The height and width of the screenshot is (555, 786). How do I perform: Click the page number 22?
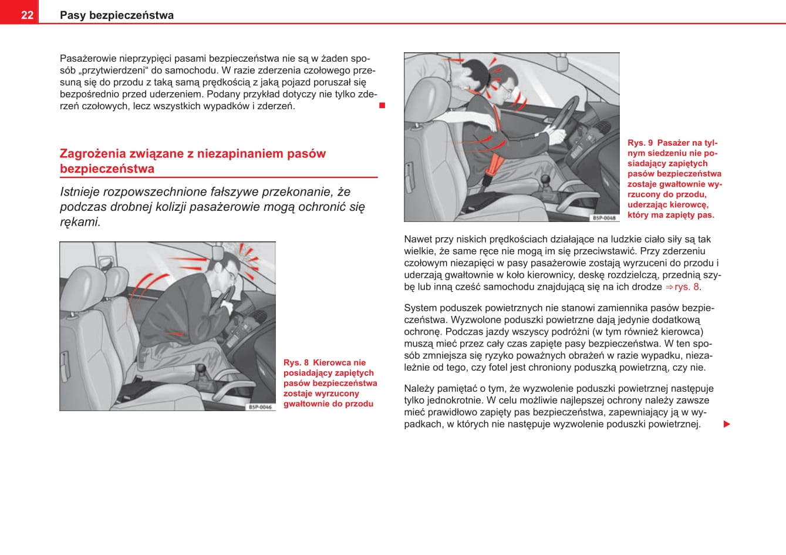pyautogui.click(x=27, y=15)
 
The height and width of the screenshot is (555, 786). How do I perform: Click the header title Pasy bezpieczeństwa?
pyautogui.click(x=117, y=15)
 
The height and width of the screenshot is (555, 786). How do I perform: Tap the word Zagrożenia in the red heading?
pyautogui.click(x=93, y=154)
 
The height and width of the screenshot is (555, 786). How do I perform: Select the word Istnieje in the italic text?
pyautogui.click(x=80, y=192)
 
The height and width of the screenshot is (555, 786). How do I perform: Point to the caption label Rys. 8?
pyautogui.click(x=296, y=363)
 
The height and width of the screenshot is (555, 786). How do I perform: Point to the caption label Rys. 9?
pyautogui.click(x=640, y=143)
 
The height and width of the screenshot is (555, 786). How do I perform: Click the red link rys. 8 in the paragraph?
pyautogui.click(x=687, y=287)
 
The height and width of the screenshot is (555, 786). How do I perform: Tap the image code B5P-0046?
pyautogui.click(x=260, y=406)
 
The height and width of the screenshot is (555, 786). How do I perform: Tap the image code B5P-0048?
pyautogui.click(x=604, y=218)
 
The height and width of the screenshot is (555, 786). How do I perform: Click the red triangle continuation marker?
pyautogui.click(x=727, y=424)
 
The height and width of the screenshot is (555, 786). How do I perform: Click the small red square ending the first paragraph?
pyautogui.click(x=382, y=106)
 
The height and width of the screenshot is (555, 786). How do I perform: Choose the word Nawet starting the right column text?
pyautogui.click(x=418, y=239)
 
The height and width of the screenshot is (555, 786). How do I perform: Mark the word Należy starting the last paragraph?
pyautogui.click(x=419, y=388)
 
